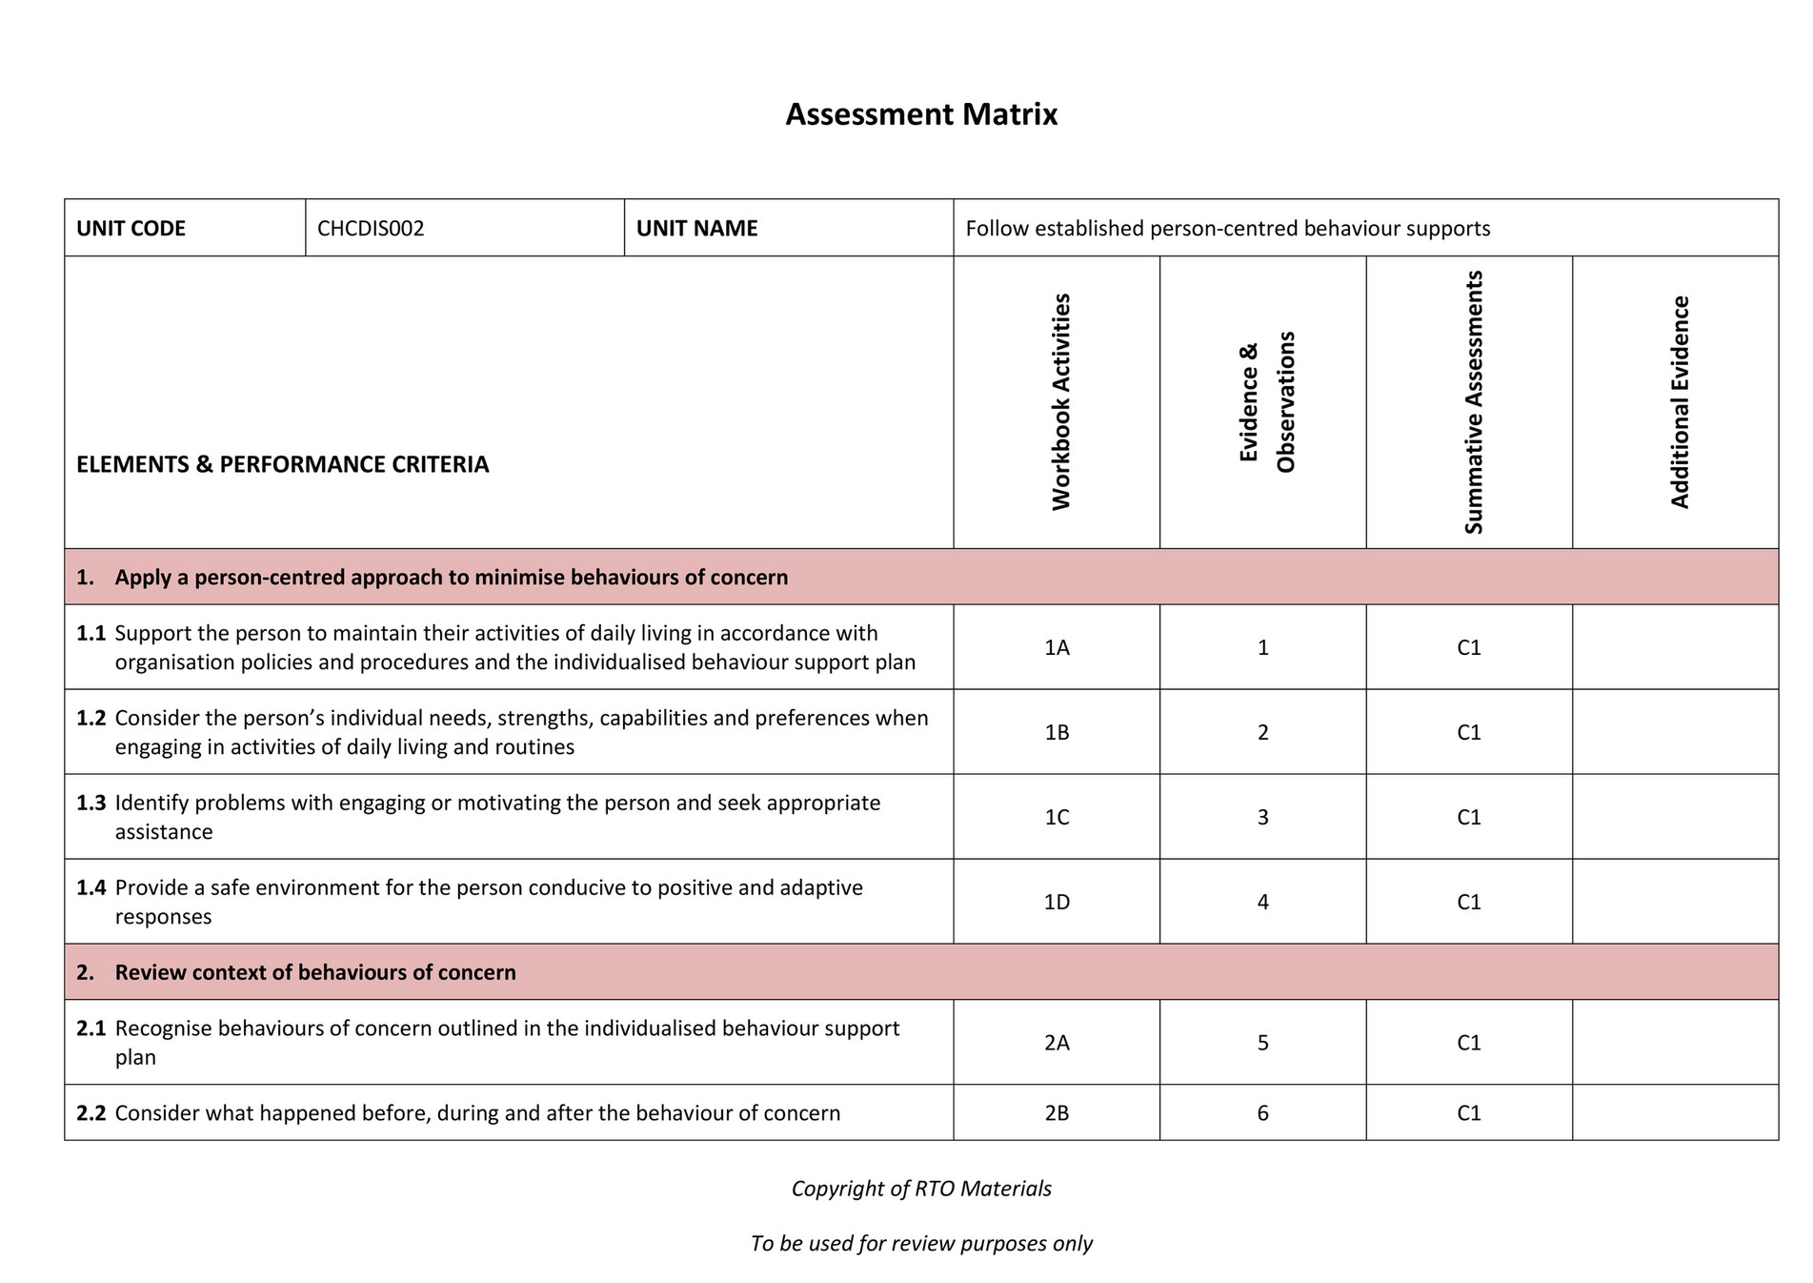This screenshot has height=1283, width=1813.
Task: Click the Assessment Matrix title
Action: pos(920,114)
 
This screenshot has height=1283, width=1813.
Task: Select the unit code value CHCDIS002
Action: pos(371,229)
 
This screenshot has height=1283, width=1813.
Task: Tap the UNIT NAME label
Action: pos(696,229)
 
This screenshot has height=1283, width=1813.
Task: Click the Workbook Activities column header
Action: pos(1061,401)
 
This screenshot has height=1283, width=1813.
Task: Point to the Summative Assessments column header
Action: pos(1474,401)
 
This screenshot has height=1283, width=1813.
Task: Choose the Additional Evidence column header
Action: pos(1680,401)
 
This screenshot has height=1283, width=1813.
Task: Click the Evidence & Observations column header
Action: pos(1267,401)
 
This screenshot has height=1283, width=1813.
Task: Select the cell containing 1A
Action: pos(1057,648)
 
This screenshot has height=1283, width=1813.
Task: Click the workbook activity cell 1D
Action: pos(1057,902)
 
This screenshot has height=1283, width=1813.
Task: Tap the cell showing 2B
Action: pos(1057,1113)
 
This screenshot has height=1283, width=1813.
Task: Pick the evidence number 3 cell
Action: pos(1262,818)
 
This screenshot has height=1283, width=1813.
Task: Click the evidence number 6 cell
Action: pos(1262,1113)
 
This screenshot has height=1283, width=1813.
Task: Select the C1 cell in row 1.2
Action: pos(1468,733)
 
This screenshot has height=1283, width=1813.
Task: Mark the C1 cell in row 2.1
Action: pos(1468,1043)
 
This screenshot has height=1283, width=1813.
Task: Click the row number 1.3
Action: pos(91,804)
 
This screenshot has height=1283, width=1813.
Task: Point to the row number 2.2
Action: pos(91,1113)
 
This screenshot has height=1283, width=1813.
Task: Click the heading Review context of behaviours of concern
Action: pos(315,972)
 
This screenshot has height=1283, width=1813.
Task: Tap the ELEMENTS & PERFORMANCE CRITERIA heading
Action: pos(282,464)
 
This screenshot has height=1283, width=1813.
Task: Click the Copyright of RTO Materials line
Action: pos(920,1189)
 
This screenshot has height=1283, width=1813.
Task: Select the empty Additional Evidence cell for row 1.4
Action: pos(1675,902)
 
